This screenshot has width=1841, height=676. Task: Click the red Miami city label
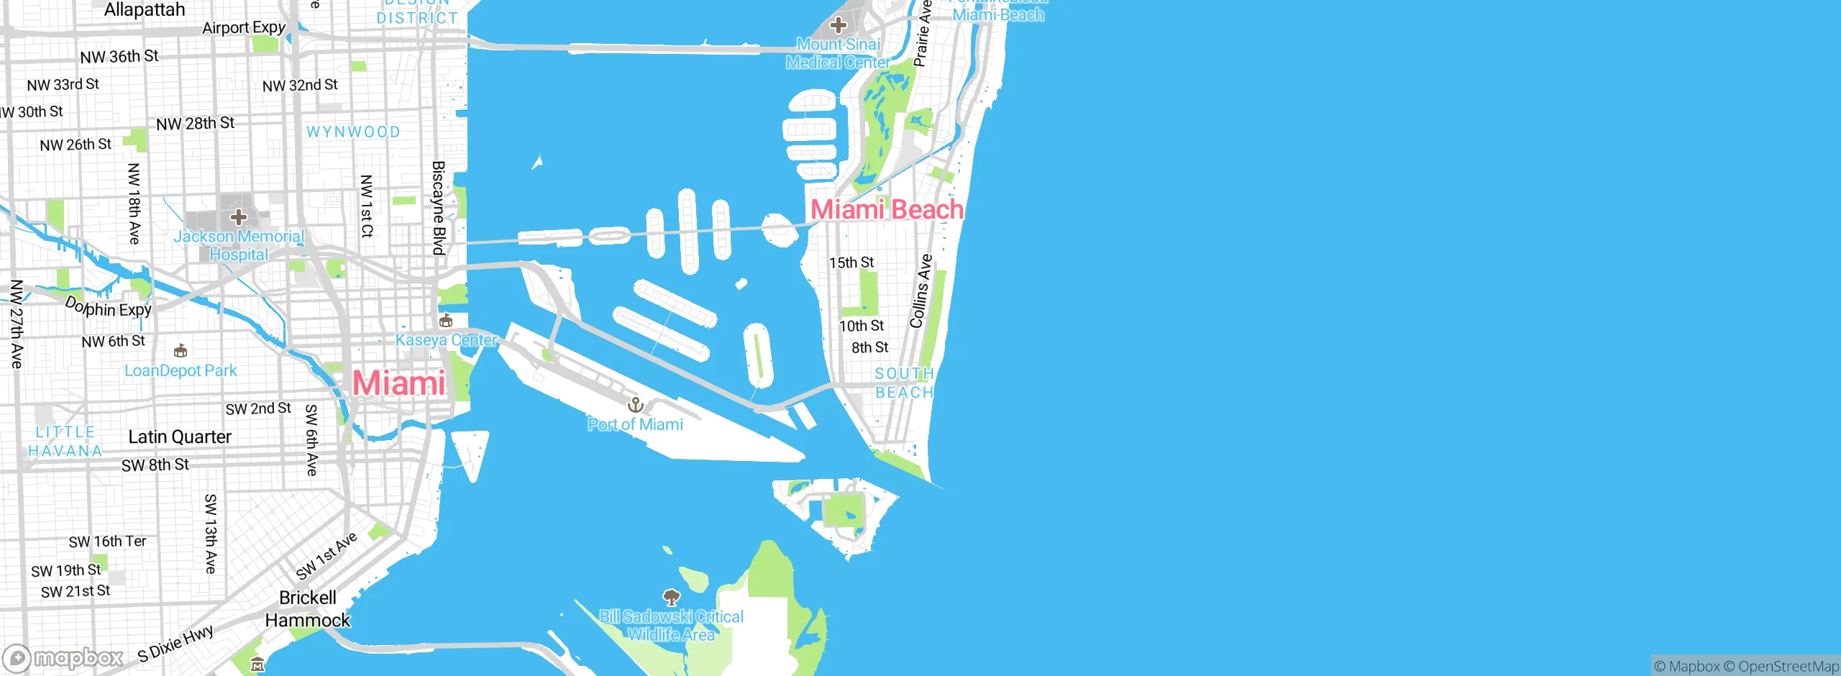[x=399, y=383]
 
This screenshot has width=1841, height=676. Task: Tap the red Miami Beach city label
[x=887, y=209]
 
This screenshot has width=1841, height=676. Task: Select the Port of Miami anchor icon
[x=635, y=404]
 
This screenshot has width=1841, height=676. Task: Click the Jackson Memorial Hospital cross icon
[x=239, y=216]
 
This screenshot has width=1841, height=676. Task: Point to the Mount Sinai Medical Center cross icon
[x=838, y=26]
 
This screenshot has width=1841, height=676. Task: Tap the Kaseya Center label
[x=446, y=339]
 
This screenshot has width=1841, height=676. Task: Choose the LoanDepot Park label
[x=181, y=370]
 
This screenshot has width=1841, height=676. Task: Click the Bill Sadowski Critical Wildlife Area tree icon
[x=672, y=597]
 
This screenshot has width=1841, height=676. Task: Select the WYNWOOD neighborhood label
[x=353, y=132]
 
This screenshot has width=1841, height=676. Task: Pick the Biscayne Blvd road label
[x=438, y=208]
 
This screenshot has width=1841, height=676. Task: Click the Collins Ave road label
[x=921, y=291]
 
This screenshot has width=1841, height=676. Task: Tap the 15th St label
[x=851, y=262]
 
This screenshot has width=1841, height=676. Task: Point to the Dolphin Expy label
[x=109, y=307]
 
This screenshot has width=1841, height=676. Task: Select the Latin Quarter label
[x=180, y=437]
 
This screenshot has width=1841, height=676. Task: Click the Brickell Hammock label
[x=308, y=608]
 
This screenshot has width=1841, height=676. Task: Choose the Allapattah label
[x=145, y=10]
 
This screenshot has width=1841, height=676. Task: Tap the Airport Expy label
[x=244, y=28]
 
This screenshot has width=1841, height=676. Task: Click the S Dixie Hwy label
[x=176, y=643]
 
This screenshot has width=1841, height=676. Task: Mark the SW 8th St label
[x=155, y=465]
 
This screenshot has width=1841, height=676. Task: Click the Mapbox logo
[x=63, y=658]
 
